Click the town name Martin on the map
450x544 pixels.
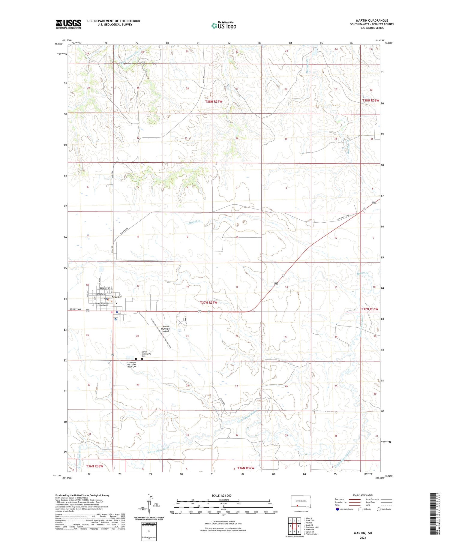point(117,297)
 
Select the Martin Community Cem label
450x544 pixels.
point(146,354)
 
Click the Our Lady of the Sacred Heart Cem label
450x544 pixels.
point(132,365)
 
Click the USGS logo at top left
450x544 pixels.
point(68,24)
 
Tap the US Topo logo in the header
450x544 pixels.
point(223,26)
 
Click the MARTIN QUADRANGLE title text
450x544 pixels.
point(372,20)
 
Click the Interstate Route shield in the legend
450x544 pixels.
point(337,509)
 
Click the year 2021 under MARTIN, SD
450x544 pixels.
point(363,537)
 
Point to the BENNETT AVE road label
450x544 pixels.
point(75,309)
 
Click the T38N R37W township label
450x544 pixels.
point(214,102)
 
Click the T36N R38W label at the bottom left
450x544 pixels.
point(94,466)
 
